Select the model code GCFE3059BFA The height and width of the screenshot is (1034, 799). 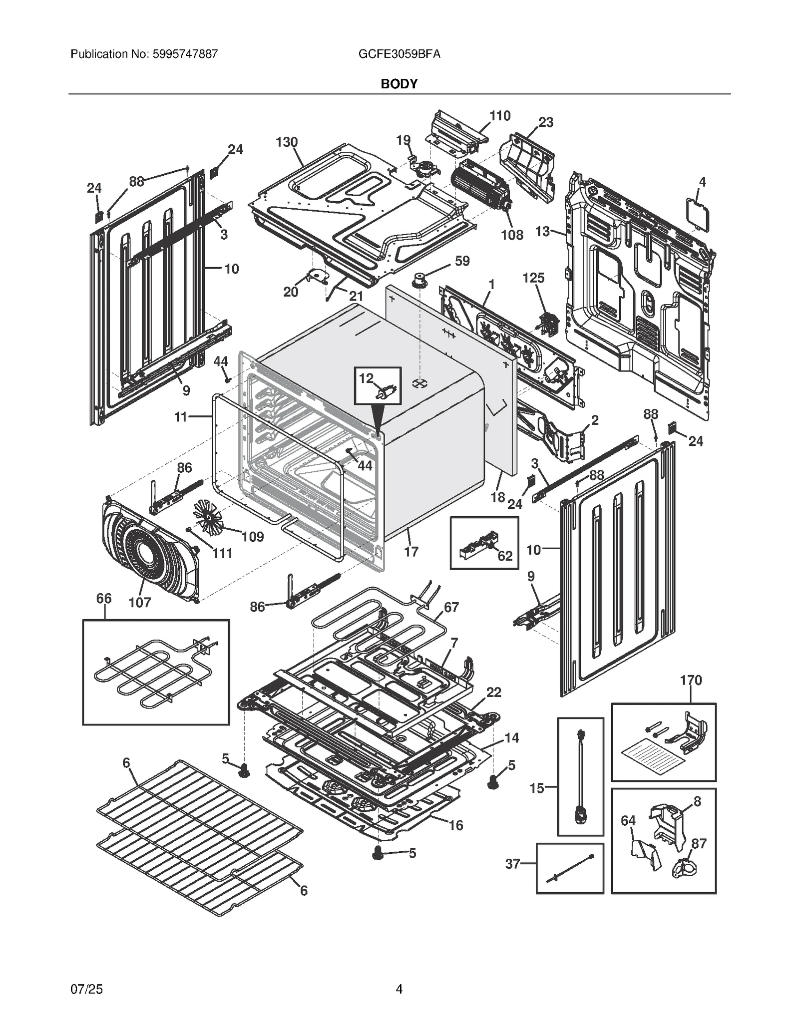(399, 54)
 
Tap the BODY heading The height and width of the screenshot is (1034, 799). (399, 84)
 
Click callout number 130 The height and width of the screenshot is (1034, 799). (287, 142)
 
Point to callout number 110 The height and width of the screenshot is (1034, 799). (500, 116)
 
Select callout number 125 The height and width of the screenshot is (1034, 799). (533, 278)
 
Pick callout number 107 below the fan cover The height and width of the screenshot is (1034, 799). (139, 603)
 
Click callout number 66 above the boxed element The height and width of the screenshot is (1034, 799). (104, 598)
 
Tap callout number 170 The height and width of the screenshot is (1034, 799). (691, 680)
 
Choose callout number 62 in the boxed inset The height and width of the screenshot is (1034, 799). (505, 556)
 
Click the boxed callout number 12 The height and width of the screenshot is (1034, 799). (366, 378)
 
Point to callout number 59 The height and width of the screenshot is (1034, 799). (462, 261)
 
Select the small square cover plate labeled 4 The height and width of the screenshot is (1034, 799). (698, 216)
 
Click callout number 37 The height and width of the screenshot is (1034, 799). (512, 864)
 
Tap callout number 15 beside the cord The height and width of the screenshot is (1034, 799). (537, 788)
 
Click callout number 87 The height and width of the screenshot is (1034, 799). (699, 844)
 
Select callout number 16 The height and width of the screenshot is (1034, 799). (455, 825)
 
